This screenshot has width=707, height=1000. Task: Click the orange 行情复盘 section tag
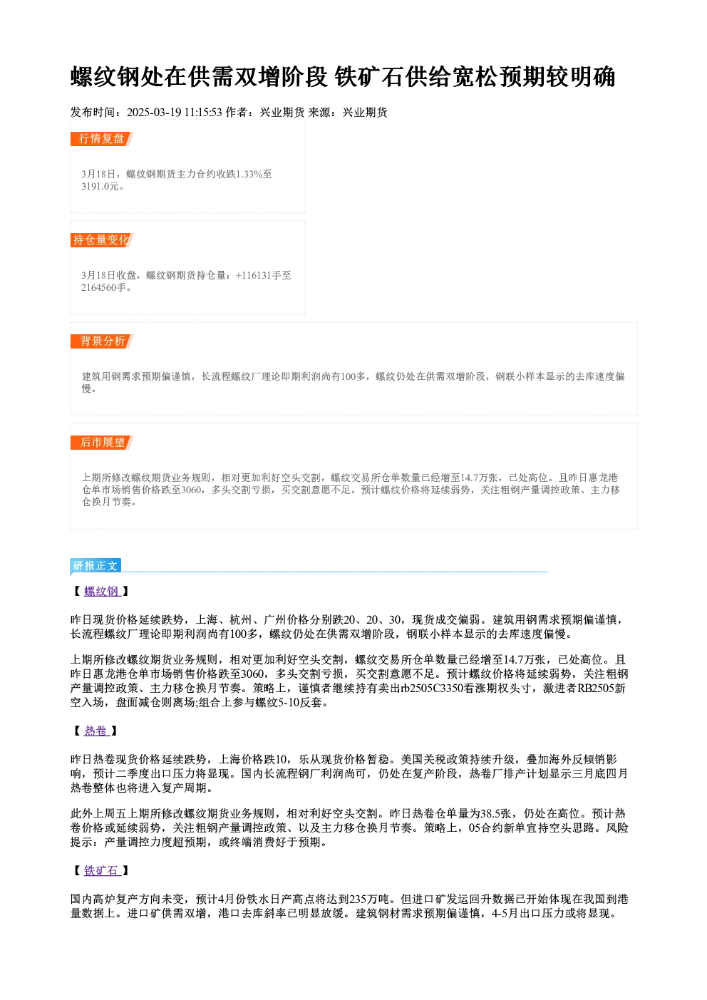pyautogui.click(x=101, y=139)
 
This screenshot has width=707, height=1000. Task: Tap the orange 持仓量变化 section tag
pyautogui.click(x=101, y=240)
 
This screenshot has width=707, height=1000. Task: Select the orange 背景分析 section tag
pyautogui.click(x=101, y=341)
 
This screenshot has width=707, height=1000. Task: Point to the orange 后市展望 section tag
pyautogui.click(x=101, y=443)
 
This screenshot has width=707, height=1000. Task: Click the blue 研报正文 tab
pyautogui.click(x=96, y=566)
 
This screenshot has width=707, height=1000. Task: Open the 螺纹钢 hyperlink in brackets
pyautogui.click(x=102, y=592)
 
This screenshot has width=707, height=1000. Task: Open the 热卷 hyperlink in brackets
pyautogui.click(x=96, y=731)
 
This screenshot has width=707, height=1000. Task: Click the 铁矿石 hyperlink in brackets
pyautogui.click(x=102, y=870)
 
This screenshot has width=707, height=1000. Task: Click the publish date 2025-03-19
pyautogui.click(x=154, y=113)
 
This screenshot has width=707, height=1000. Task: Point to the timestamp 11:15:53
pyautogui.click(x=203, y=113)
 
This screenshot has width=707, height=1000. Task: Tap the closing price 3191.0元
pyautogui.click(x=100, y=187)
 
